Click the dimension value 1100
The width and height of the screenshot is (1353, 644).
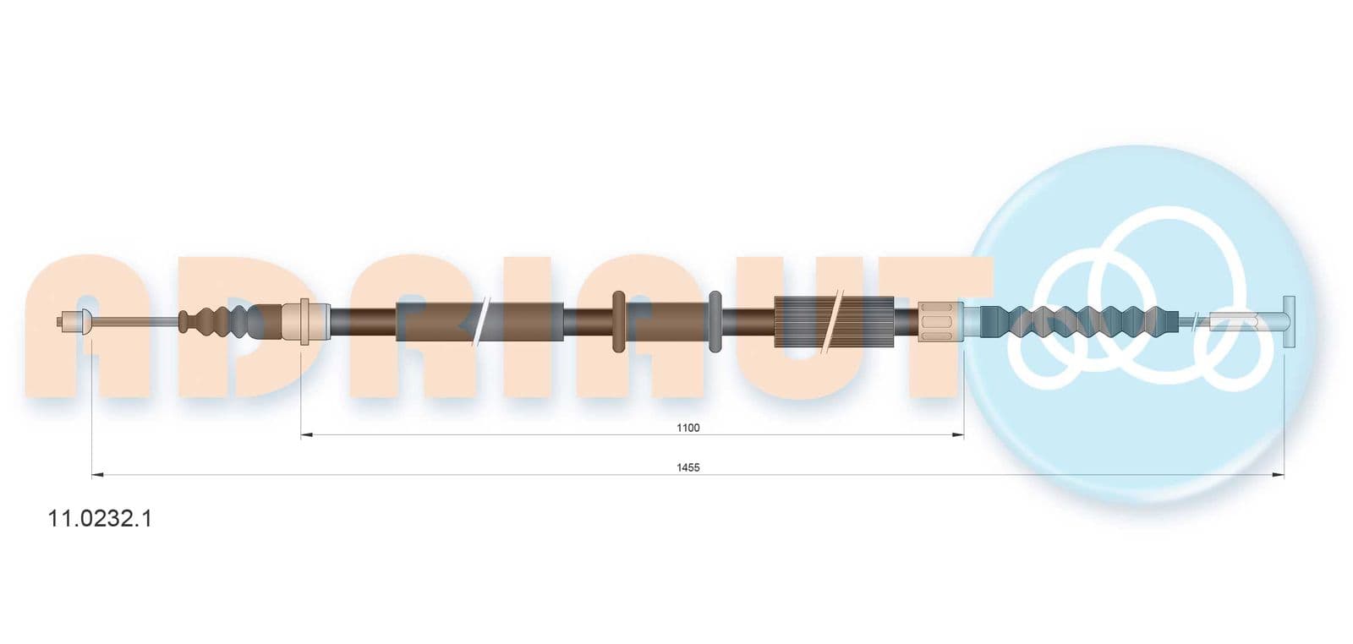pyautogui.click(x=688, y=428)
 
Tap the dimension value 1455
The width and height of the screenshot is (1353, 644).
pyautogui.click(x=688, y=467)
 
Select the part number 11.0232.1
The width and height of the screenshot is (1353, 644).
pyautogui.click(x=100, y=518)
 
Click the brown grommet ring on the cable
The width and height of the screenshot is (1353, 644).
pyautogui.click(x=618, y=321)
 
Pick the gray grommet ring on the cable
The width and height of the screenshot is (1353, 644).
pyautogui.click(x=715, y=321)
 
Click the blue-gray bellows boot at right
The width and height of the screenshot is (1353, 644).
pyautogui.click(x=1079, y=320)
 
